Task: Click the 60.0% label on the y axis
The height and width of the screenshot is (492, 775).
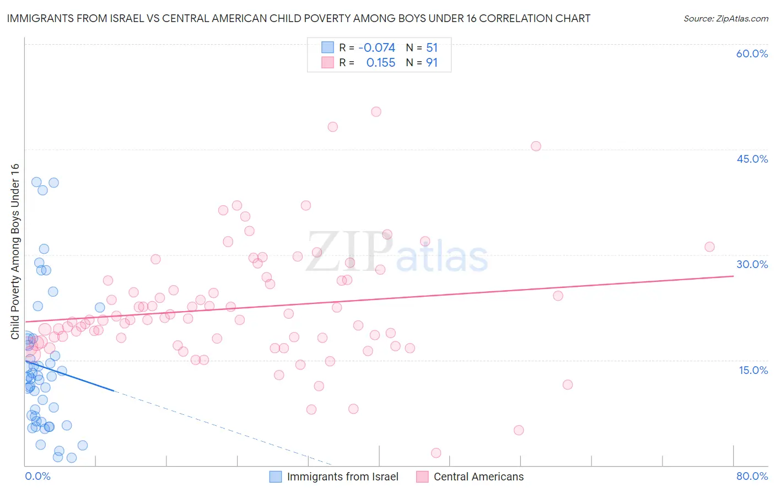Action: pyautogui.click(x=752, y=54)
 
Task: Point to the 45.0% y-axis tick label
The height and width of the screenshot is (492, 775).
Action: pyautogui.click(x=752, y=159)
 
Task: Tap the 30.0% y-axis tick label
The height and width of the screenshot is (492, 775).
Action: pyautogui.click(x=752, y=264)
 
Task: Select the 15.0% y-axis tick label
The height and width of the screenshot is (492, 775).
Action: pyautogui.click(x=753, y=370)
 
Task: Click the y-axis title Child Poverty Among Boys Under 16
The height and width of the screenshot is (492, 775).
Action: pyautogui.click(x=15, y=252)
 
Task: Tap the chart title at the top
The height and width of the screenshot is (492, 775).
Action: pyautogui.click(x=299, y=19)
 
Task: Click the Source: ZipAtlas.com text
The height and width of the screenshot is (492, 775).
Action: pyautogui.click(x=725, y=19)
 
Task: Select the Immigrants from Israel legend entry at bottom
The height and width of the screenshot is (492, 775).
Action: pyautogui.click(x=342, y=477)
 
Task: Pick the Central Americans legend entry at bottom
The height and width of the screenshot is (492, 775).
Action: pyautogui.click(x=478, y=477)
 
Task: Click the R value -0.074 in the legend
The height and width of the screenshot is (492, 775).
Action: pyautogui.click(x=376, y=48)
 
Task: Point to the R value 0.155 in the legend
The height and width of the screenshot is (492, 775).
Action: pyautogui.click(x=381, y=63)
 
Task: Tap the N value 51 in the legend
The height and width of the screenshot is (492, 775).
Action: pyautogui.click(x=432, y=48)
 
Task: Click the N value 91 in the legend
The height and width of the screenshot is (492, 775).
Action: pyautogui.click(x=432, y=63)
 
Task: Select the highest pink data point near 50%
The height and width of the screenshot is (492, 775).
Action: pyautogui.click(x=376, y=112)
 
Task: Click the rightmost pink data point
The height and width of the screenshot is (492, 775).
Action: pyautogui.click(x=709, y=247)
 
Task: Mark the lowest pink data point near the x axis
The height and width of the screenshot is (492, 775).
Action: pyautogui.click(x=436, y=453)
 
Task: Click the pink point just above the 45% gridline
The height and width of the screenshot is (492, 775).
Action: pyautogui.click(x=536, y=146)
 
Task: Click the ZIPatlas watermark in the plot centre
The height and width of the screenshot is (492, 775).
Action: pyautogui.click(x=397, y=253)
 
